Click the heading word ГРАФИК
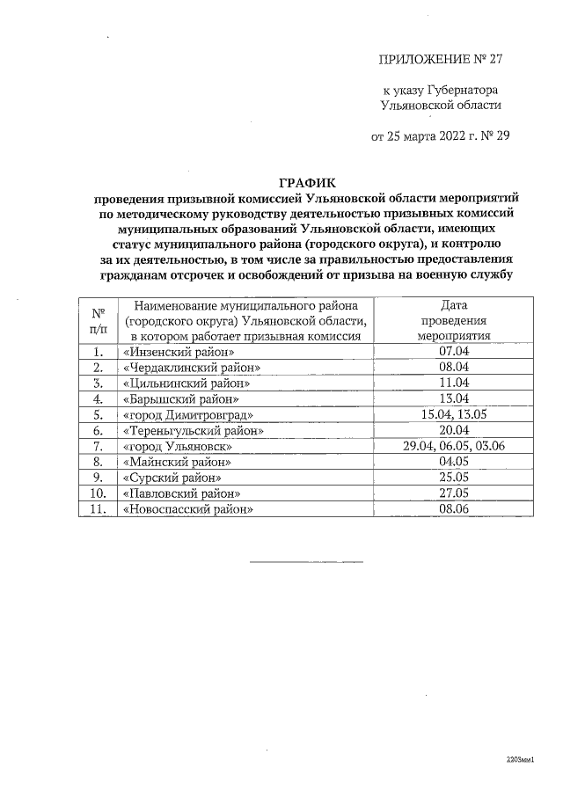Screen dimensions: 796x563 [x=302, y=184]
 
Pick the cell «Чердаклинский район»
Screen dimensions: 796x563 [x=193, y=367]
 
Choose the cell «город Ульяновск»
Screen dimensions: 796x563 [x=177, y=446]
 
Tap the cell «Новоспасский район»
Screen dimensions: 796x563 [x=188, y=508]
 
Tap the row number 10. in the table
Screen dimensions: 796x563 [x=98, y=493]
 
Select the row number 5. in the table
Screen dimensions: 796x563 [x=98, y=414]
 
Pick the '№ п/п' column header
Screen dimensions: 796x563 [x=98, y=320]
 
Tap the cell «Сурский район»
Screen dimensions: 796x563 [x=172, y=478]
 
